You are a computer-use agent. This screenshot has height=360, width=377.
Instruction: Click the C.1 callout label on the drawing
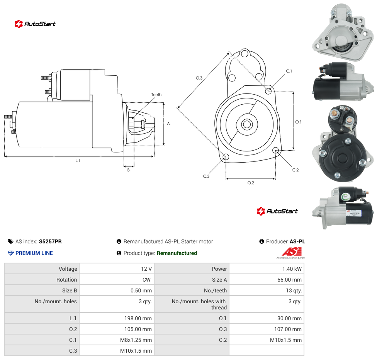click(x=289, y=71)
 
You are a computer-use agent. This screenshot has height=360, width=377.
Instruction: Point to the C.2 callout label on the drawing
click(x=295, y=170)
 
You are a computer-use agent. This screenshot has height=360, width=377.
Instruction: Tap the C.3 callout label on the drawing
click(x=206, y=176)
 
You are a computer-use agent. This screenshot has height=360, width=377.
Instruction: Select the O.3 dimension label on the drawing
click(x=199, y=78)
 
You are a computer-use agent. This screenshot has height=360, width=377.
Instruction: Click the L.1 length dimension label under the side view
click(x=78, y=160)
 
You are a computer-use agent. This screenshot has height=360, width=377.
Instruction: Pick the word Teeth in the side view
click(x=156, y=95)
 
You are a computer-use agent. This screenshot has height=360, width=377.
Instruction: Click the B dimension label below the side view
click(x=128, y=170)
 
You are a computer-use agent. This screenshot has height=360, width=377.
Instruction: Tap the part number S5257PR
click(x=50, y=241)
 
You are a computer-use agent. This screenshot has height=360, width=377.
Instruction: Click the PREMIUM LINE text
click(x=34, y=253)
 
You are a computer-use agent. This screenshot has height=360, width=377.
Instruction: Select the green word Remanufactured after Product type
click(x=177, y=253)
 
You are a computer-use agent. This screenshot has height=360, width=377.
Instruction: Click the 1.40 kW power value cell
click(x=267, y=268)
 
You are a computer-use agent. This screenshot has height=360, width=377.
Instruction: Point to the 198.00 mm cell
click(x=117, y=318)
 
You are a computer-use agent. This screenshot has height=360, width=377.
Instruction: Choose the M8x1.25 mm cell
click(x=117, y=340)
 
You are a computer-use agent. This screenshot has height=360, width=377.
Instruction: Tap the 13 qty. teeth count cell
click(x=267, y=290)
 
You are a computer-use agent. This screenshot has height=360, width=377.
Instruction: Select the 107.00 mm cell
click(x=267, y=329)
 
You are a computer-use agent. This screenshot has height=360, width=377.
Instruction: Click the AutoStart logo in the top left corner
click(x=35, y=24)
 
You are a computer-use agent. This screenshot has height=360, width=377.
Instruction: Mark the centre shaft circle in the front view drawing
click(x=247, y=124)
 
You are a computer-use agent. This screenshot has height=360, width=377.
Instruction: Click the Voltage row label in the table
click(x=68, y=269)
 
